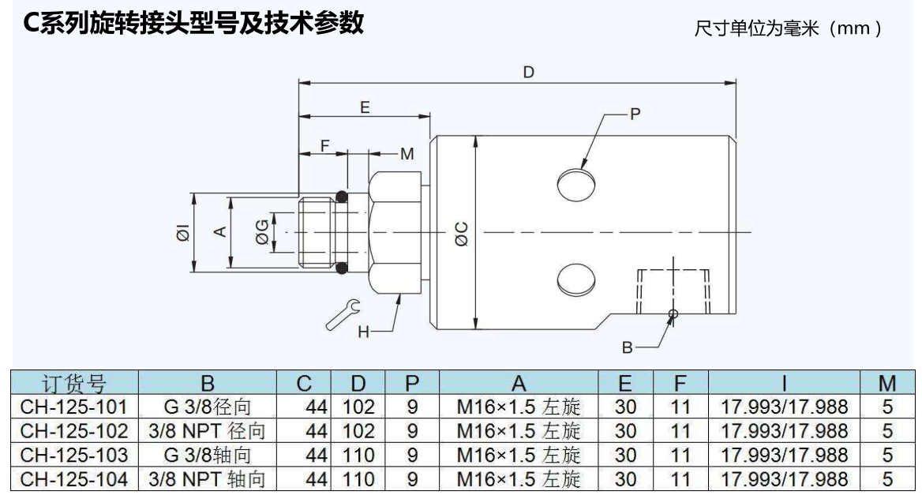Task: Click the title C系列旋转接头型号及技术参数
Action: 193,23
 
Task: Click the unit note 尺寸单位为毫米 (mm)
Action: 787,28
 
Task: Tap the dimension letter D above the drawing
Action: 528,72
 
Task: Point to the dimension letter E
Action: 364,108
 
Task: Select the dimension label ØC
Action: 462,233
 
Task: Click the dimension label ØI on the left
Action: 182,233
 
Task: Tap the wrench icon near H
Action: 344,314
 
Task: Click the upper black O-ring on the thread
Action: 342,195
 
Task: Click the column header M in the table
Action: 886,385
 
